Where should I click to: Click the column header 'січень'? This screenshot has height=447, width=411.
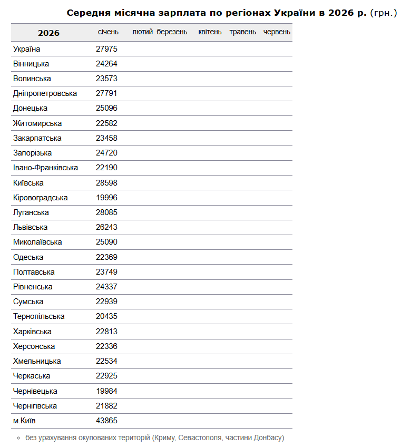pyautogui.click(x=108, y=32)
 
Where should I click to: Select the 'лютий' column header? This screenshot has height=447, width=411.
pyautogui.click(x=142, y=32)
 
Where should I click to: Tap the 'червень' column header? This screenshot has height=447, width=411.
pyautogui.click(x=277, y=32)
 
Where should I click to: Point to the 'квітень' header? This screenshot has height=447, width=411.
pyautogui.click(x=210, y=32)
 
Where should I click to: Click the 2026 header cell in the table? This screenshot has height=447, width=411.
pyautogui.click(x=48, y=33)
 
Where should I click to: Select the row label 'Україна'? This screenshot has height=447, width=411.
pyautogui.click(x=27, y=49)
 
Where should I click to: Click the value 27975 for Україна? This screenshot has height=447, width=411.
pyautogui.click(x=106, y=49)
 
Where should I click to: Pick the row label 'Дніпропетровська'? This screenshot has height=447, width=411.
pyautogui.click(x=45, y=93)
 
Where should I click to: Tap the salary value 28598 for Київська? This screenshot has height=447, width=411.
pyautogui.click(x=106, y=183)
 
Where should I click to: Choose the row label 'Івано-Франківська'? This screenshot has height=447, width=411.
pyautogui.click(x=45, y=168)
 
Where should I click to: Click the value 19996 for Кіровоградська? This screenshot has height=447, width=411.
pyautogui.click(x=106, y=198)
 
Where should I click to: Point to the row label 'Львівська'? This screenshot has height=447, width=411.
pyautogui.click(x=30, y=227)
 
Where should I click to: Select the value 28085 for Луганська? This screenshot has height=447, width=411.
pyautogui.click(x=106, y=212)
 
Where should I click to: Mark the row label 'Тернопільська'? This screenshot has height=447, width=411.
pyautogui.click(x=38, y=316)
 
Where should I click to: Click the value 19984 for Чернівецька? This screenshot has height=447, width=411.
pyautogui.click(x=106, y=391)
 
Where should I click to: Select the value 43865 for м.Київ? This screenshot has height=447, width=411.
pyautogui.click(x=106, y=421)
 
